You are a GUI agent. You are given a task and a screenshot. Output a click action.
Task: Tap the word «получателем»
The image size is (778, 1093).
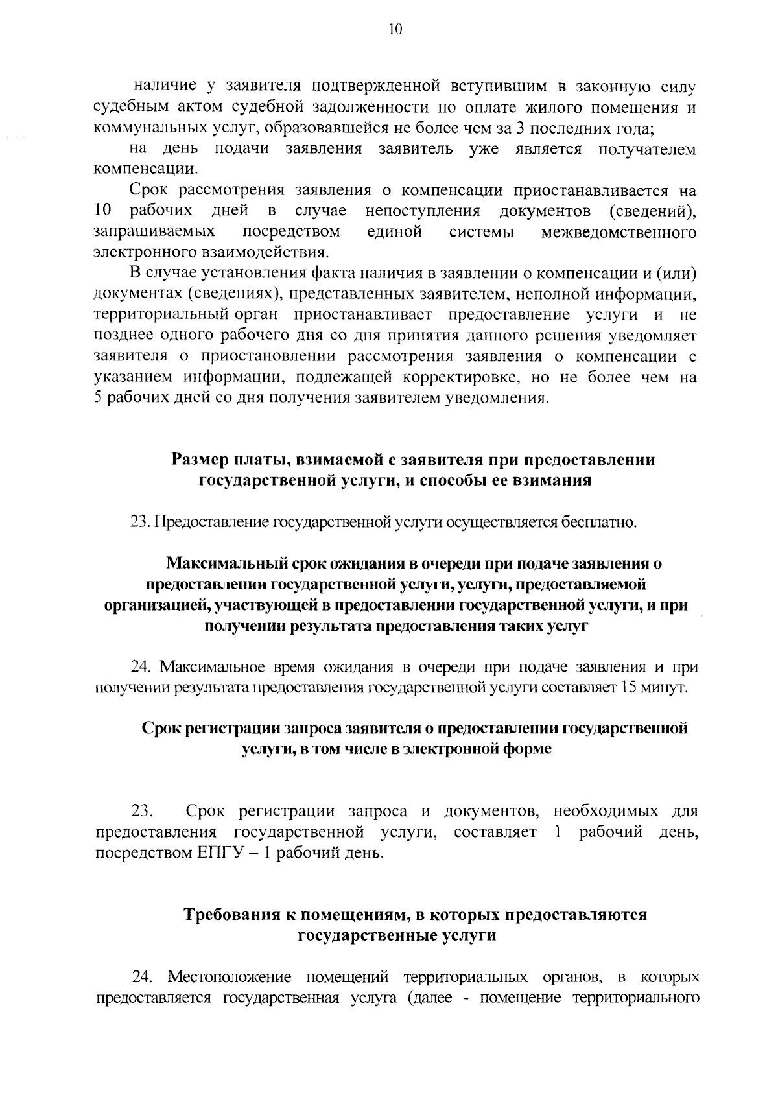647,150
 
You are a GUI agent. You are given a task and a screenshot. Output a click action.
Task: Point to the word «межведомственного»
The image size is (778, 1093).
619,232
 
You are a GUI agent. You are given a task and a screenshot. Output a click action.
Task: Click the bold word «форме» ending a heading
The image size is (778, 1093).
528,749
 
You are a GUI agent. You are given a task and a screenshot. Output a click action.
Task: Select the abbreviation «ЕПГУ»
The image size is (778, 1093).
218,852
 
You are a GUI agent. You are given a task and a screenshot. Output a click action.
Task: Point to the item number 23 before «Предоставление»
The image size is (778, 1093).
140,523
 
